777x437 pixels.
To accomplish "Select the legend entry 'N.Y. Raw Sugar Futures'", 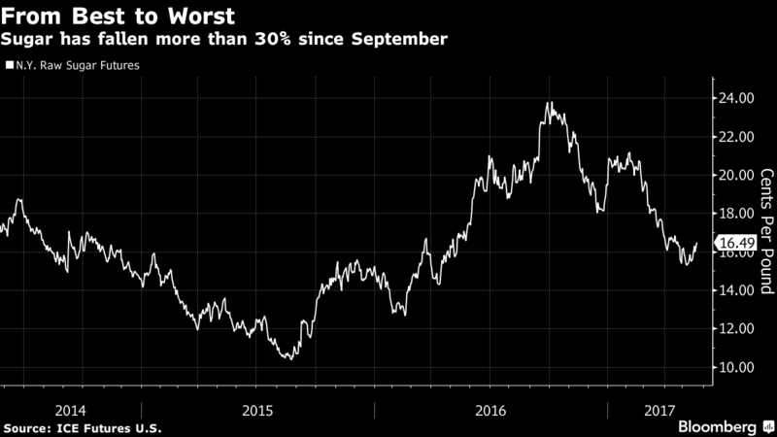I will [x=76, y=67].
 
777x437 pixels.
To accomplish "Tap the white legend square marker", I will [x=9, y=67].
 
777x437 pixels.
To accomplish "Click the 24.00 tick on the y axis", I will [x=734, y=98].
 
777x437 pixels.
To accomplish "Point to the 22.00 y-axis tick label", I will [x=734, y=137].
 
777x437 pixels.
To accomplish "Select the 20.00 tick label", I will [x=734, y=175].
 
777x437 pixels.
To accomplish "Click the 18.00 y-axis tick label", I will [x=734, y=214].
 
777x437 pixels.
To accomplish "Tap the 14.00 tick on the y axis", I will [x=734, y=290].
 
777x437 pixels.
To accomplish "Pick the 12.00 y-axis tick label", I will [x=734, y=328].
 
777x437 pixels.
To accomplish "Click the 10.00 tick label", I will [x=734, y=367].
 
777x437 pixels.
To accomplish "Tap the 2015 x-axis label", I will [x=257, y=410].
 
